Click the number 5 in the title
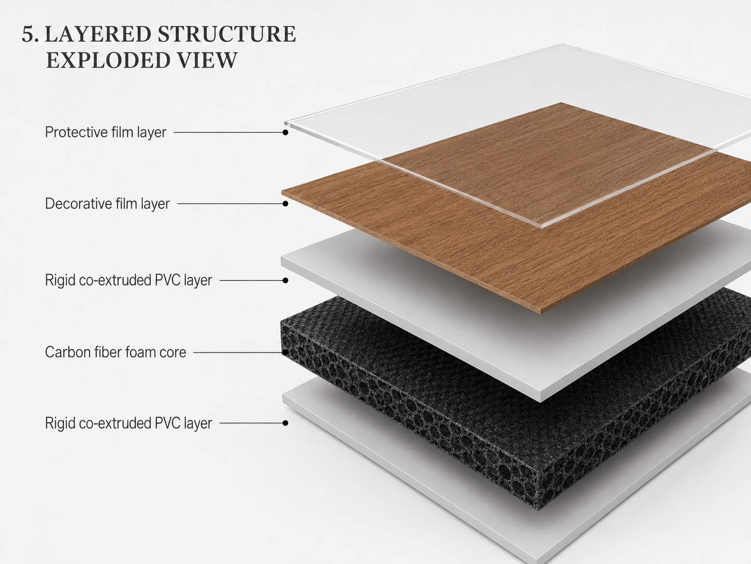tap(28, 34)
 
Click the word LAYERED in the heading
tap(98, 34)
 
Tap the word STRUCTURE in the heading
tap(227, 34)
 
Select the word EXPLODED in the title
tap(108, 60)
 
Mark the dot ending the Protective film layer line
tap(285, 132)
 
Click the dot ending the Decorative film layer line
tap(285, 204)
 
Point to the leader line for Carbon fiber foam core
tap(238, 353)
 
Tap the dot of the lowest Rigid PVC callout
tap(285, 423)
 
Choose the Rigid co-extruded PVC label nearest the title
tap(128, 280)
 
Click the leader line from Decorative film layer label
tap(230, 204)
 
